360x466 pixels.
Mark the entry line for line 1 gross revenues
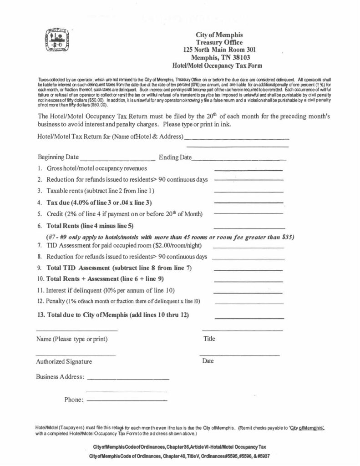click(x=248, y=170)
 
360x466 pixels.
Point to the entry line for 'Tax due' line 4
click(x=248, y=203)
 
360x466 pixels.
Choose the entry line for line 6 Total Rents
click(x=249, y=228)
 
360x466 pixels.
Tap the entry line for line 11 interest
click(x=248, y=292)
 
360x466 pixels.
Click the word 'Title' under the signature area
click(x=209, y=339)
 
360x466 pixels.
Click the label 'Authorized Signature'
click(x=64, y=362)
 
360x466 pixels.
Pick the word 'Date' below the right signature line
click(x=208, y=361)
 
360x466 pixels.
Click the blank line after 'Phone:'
click(x=127, y=400)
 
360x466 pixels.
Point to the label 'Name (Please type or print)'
click(x=72, y=339)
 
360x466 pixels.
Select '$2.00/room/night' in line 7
click(x=158, y=246)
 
